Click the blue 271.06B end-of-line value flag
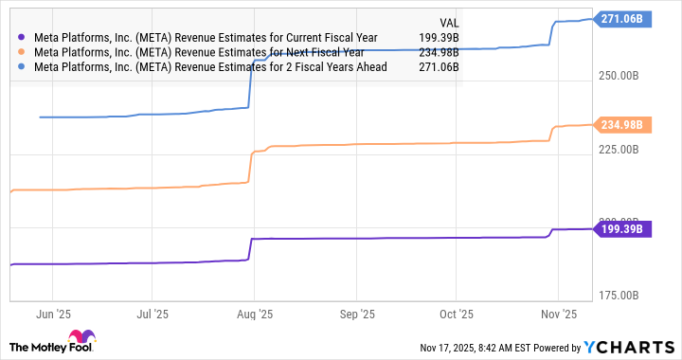pyautogui.click(x=622, y=18)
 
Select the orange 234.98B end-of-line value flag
pyautogui.click(x=622, y=124)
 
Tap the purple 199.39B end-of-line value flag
pyautogui.click(x=622, y=228)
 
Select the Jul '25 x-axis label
pyautogui.click(x=153, y=313)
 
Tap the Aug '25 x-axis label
pyautogui.click(x=253, y=313)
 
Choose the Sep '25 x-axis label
pyautogui.click(x=357, y=313)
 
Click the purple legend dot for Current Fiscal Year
pyautogui.click(x=22, y=38)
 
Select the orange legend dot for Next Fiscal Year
pyautogui.click(x=22, y=53)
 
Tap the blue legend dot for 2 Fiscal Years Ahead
pyautogui.click(x=22, y=68)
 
